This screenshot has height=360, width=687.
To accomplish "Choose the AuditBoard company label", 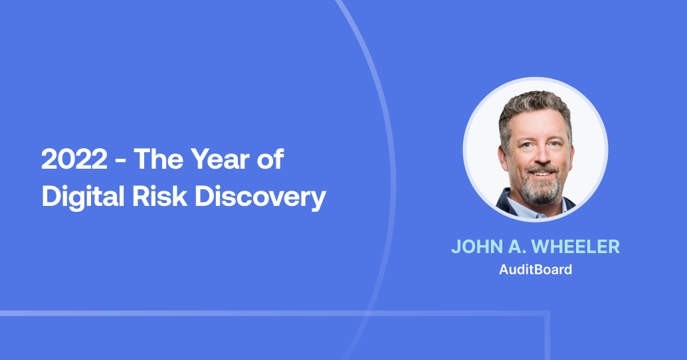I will [x=535, y=270].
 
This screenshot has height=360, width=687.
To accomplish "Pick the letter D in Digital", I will [x=50, y=197].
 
